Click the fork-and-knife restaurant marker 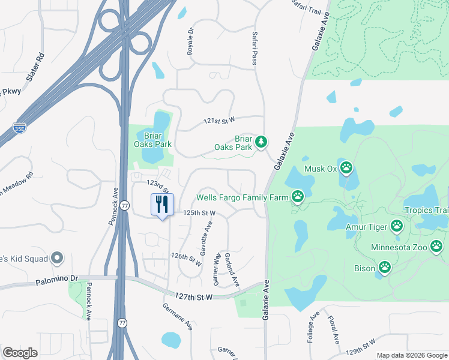161,205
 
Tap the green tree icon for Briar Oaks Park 261,142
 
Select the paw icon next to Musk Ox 347,167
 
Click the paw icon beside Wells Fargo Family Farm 298,196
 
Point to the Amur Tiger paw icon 397,226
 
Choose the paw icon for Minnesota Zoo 436,246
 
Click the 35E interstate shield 19,128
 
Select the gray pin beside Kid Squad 58,259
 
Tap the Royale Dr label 190,41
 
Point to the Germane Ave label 178,316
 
